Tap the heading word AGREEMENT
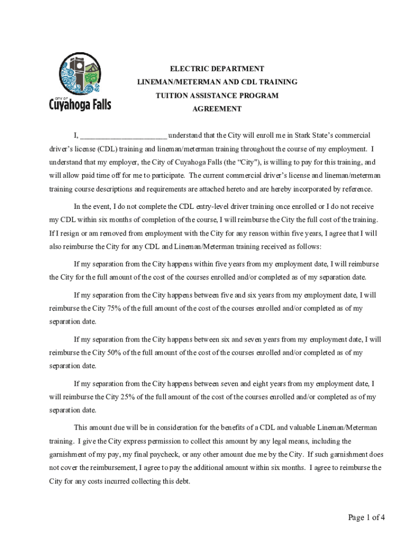pos(217,109)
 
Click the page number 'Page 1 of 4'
pos(366,517)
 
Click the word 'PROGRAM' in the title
pos(260,96)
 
